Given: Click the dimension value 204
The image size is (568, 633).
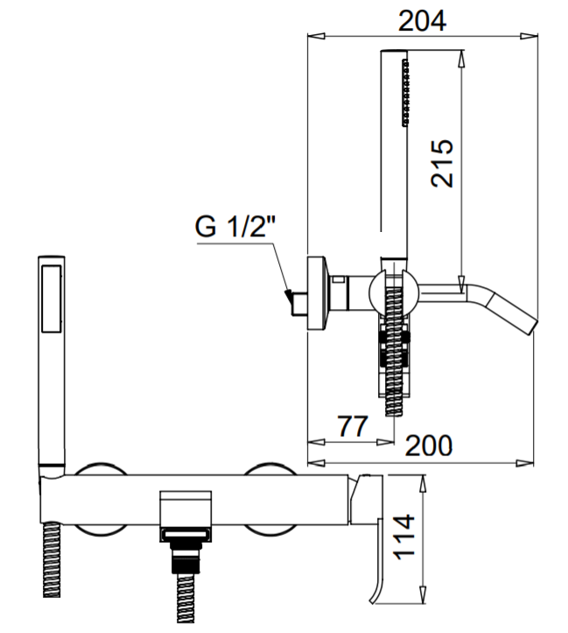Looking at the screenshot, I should click(422, 20).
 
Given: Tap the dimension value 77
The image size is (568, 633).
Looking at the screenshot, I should click(351, 427).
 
